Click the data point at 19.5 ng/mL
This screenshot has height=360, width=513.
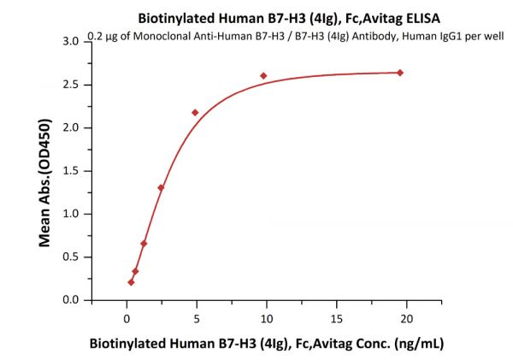pyautogui.click(x=400, y=73)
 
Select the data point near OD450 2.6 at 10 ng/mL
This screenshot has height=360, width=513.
pyautogui.click(x=263, y=75)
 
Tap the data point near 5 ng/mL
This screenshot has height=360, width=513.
pyautogui.click(x=195, y=112)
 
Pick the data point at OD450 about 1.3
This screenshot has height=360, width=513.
pyautogui.click(x=161, y=187)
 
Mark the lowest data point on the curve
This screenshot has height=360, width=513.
pyautogui.click(x=131, y=282)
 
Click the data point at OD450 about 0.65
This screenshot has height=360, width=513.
pyautogui.click(x=144, y=244)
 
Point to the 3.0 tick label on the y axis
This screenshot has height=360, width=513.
pyautogui.click(x=71, y=42)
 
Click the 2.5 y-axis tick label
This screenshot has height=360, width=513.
pyautogui.click(x=71, y=85)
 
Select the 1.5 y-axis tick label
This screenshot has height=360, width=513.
pyautogui.click(x=71, y=171)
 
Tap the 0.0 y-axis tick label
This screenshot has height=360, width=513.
pyautogui.click(x=71, y=300)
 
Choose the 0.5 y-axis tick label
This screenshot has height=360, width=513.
pyautogui.click(x=71, y=257)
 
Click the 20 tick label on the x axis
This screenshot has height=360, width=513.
pyautogui.click(x=407, y=318)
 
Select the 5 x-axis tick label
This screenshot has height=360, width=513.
pyautogui.click(x=197, y=318)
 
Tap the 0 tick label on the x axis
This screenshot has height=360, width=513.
pyautogui.click(x=127, y=318)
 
